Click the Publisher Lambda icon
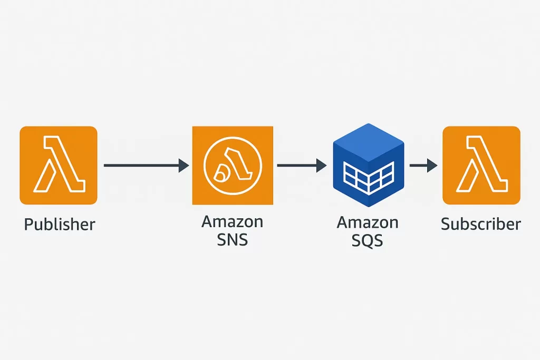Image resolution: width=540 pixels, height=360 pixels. (x=58, y=165)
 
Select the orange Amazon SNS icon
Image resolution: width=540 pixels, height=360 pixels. (x=233, y=165)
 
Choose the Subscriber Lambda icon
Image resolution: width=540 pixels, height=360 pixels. (x=481, y=165)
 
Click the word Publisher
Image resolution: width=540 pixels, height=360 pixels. (x=60, y=225)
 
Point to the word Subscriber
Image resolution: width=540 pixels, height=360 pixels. (x=481, y=224)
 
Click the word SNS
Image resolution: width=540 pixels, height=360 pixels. (x=233, y=240)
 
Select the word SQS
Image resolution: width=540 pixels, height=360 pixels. (x=368, y=241)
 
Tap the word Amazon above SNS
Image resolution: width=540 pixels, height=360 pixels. (x=232, y=221)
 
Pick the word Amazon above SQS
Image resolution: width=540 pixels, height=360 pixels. (x=368, y=222)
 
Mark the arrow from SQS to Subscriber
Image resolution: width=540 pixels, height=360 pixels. (x=422, y=166)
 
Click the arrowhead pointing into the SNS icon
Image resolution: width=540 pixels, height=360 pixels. (x=184, y=166)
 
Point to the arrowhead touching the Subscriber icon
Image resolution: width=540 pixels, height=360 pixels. (x=432, y=166)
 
